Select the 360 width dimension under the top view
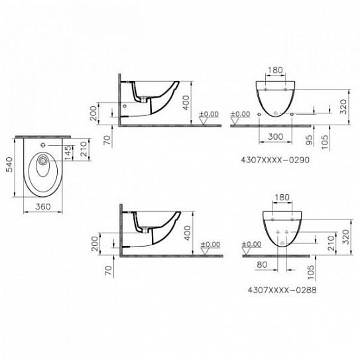42,207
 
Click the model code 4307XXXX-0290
274,159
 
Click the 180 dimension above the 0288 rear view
282,198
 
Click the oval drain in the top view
42,160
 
